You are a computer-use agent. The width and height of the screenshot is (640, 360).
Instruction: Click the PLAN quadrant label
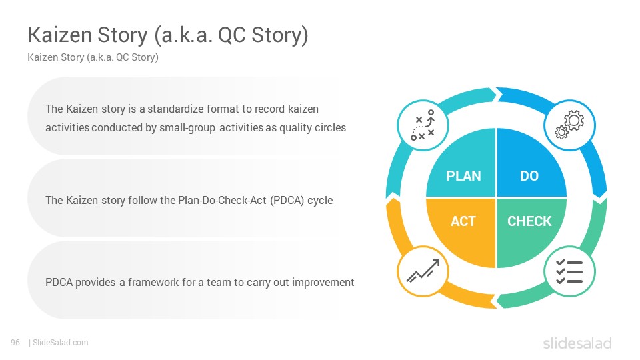click(463, 175)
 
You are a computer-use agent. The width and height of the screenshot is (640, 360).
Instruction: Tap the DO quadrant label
click(529, 175)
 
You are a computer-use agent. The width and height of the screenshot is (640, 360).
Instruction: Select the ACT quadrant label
click(463, 221)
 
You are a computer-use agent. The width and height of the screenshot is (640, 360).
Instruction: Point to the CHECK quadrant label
click(529, 221)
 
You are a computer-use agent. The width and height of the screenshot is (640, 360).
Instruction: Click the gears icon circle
click(569, 125)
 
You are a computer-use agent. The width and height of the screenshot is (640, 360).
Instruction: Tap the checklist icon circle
click(569, 271)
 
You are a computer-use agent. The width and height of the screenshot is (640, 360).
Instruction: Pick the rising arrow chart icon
click(423, 271)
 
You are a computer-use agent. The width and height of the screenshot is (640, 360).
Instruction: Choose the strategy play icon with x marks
click(423, 125)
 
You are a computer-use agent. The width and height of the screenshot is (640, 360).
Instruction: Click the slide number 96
click(15, 343)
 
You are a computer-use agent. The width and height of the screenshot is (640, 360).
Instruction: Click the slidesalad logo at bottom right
click(577, 343)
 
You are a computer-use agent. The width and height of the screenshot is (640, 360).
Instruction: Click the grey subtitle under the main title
click(93, 57)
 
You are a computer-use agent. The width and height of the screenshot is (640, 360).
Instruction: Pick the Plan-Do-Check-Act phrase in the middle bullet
click(222, 200)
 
